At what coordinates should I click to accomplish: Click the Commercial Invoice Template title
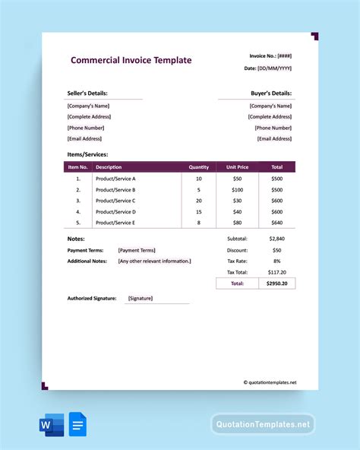[131, 61]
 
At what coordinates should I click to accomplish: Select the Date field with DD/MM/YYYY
[268, 68]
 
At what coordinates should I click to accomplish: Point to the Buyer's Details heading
[271, 93]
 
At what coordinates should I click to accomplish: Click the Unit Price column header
[237, 167]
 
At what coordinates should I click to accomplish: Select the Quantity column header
[199, 167]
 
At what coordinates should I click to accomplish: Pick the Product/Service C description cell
[115, 201]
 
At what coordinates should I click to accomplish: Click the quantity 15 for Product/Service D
[199, 212]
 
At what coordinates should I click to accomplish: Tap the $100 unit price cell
[237, 189]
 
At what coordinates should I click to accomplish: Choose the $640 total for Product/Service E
[276, 223]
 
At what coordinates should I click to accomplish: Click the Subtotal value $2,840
[276, 239]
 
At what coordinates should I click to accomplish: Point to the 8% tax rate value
[276, 261]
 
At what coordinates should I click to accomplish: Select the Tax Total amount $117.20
[276, 271]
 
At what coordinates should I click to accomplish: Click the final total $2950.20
[276, 284]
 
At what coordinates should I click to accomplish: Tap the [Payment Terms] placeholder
[137, 250]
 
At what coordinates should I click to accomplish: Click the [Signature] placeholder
[141, 299]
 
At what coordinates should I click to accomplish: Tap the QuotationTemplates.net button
[263, 424]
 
